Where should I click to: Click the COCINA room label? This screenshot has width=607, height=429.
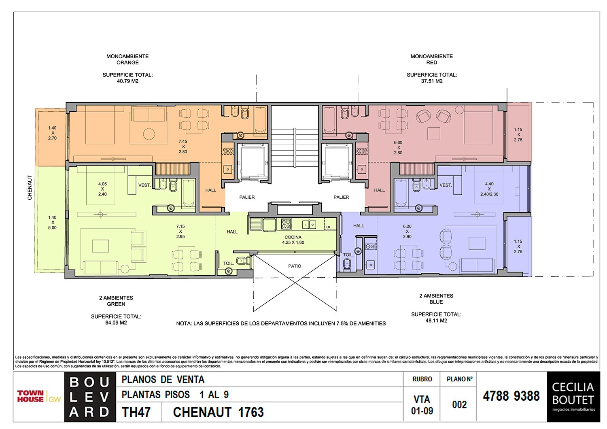(x=293, y=237)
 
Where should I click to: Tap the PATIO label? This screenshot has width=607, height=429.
(x=295, y=266)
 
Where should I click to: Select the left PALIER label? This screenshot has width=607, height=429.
(x=247, y=197)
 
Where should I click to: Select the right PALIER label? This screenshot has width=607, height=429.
(x=341, y=197)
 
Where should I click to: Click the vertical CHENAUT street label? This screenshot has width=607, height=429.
(x=30, y=187)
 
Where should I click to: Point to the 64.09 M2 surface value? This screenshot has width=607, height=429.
(x=116, y=323)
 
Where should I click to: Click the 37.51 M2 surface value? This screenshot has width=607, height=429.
(x=432, y=81)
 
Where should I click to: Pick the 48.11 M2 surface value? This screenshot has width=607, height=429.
(x=436, y=321)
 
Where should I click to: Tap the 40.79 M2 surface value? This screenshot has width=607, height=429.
(x=127, y=81)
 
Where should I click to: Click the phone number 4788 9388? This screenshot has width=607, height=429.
(x=511, y=396)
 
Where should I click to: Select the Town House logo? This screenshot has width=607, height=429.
(x=39, y=396)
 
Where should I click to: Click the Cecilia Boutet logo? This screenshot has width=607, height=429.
(x=573, y=396)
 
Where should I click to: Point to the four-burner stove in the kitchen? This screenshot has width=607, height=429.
(x=287, y=223)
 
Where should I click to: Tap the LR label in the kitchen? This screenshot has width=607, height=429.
(x=328, y=227)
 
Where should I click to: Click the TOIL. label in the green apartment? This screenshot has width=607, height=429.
(x=228, y=263)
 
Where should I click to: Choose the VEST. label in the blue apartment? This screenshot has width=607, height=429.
(x=446, y=185)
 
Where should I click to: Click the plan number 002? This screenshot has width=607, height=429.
(x=459, y=405)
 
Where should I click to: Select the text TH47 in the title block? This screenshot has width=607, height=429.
(x=136, y=412)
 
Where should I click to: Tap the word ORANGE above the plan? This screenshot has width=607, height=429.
(x=127, y=63)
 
